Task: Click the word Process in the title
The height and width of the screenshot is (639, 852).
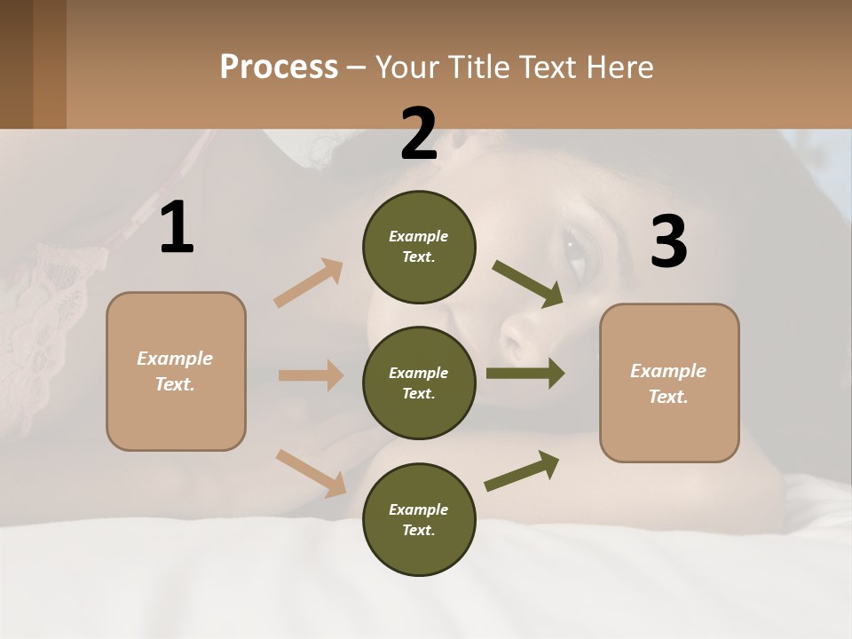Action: (279, 67)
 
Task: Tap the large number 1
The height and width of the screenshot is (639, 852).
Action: (177, 227)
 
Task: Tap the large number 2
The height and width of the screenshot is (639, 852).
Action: (419, 133)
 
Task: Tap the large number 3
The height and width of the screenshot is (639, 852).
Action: (668, 241)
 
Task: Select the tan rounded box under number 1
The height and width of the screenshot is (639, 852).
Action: (176, 371)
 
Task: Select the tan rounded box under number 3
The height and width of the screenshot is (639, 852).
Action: (669, 383)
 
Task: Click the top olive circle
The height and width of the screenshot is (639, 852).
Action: (419, 247)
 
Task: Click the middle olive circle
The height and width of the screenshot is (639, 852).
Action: (419, 383)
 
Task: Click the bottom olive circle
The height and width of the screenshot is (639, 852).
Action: (419, 520)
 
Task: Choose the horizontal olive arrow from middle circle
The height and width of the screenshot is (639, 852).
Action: (525, 374)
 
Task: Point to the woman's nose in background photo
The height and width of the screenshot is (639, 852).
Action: (519, 335)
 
